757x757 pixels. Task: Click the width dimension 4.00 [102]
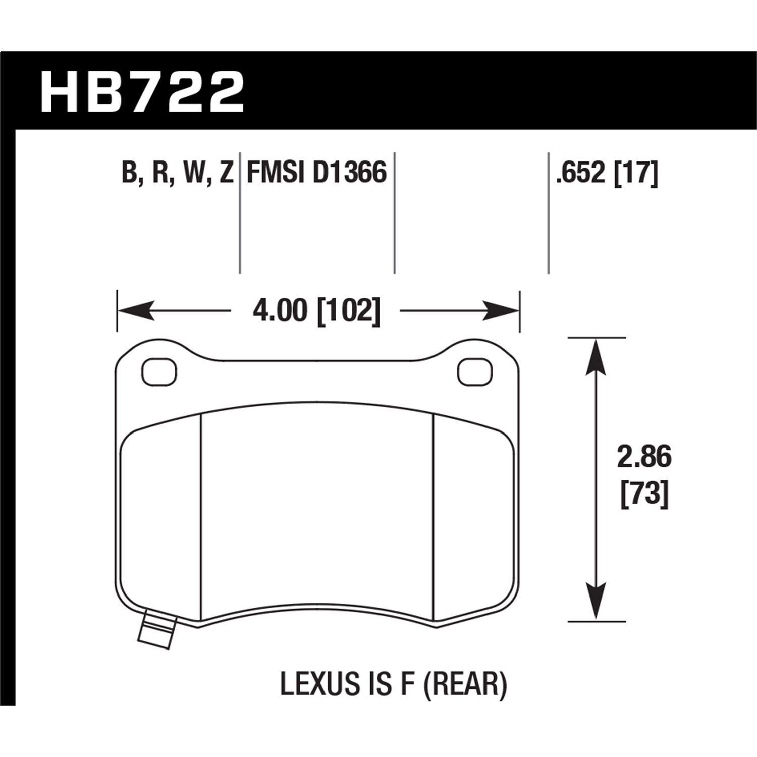pos(316,311)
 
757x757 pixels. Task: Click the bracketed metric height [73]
pos(644,493)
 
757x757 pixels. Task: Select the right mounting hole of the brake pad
pos(474,372)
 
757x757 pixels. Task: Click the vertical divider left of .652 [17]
pos(549,212)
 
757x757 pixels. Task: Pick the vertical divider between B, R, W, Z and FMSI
pos(239,212)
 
